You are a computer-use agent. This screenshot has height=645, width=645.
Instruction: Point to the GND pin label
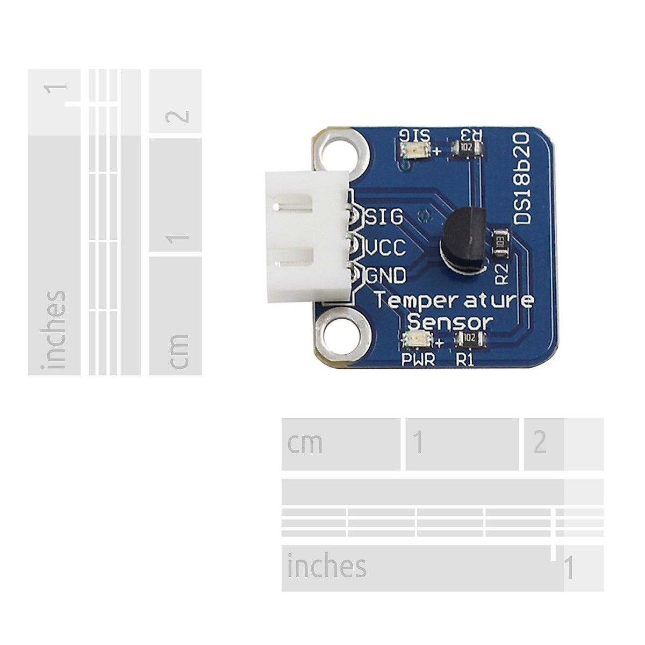386,276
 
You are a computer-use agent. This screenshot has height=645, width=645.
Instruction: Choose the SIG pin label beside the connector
384,217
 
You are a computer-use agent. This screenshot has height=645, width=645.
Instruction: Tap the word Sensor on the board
450,322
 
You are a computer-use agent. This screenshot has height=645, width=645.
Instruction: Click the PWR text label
418,360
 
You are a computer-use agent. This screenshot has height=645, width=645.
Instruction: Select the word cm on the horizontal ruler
305,443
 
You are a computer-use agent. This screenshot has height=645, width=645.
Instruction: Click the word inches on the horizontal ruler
326,567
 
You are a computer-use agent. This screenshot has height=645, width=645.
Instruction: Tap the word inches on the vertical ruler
55,329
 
